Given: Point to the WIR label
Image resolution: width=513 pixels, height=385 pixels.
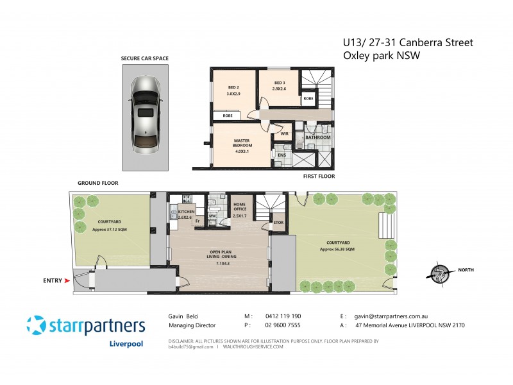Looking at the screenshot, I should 284,133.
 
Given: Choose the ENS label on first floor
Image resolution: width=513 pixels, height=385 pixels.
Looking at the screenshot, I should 282,155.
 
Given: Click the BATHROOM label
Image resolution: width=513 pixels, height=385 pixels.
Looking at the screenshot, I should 317,137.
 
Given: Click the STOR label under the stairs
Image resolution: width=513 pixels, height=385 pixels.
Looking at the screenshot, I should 278,223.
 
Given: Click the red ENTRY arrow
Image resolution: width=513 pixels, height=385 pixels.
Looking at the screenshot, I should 66,280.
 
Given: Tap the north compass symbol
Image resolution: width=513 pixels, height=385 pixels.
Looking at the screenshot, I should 441,271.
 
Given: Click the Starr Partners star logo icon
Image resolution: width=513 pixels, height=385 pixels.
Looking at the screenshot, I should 36,325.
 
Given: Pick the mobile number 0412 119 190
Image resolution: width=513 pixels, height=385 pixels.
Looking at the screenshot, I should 283,316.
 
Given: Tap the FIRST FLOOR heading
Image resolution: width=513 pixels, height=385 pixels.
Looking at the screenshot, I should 318,176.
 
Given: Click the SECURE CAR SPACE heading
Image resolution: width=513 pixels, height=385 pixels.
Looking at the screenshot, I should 145,58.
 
